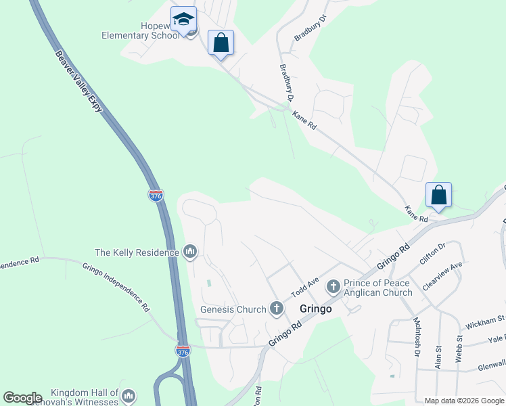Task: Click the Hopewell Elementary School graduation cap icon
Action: click(183, 20)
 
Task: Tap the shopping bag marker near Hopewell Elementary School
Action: click(221, 43)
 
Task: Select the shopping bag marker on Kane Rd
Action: click(438, 196)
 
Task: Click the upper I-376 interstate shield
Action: click(156, 196)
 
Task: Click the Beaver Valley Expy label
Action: click(83, 85)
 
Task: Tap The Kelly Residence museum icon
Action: click(190, 252)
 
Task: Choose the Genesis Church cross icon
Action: click(276, 309)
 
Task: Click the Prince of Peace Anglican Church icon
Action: click(333, 286)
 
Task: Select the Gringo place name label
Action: click(316, 309)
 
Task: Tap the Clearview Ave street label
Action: click(442, 275)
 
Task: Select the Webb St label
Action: click(459, 348)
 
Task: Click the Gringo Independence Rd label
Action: click(116, 287)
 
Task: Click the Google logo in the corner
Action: click(22, 398)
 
